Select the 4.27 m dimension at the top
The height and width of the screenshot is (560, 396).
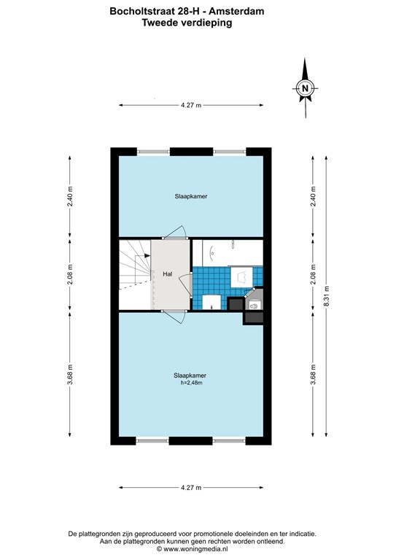190,105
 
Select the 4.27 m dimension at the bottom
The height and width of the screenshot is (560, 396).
190,487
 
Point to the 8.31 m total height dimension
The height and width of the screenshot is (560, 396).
327,295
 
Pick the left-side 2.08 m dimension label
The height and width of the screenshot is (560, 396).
70,275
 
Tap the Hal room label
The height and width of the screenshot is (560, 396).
167,274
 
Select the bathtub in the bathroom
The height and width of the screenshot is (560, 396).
227,252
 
